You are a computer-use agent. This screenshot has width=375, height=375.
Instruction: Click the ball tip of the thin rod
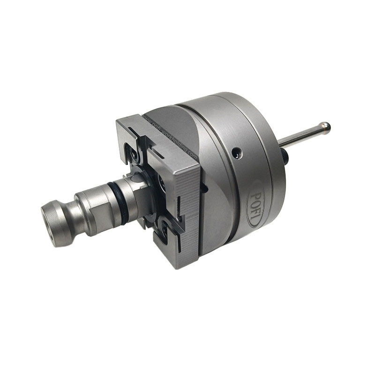[x=324, y=127]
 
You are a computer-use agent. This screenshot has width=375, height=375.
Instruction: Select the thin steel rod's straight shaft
[x=300, y=136]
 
